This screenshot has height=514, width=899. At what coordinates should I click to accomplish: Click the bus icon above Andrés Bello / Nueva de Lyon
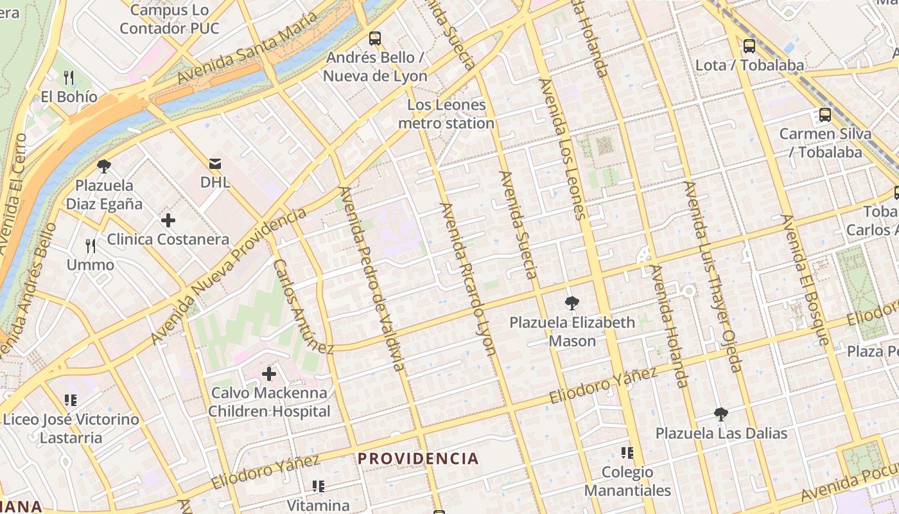click(375, 39)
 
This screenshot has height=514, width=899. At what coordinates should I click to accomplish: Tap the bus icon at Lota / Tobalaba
click(749, 46)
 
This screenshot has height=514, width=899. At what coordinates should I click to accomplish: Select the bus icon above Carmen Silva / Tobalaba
click(825, 116)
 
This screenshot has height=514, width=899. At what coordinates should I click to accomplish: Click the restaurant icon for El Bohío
click(69, 78)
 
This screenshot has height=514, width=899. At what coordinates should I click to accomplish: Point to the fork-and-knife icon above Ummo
click(91, 245)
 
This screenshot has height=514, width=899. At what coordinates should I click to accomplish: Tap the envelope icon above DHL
click(215, 164)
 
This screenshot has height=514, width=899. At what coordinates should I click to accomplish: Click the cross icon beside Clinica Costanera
click(168, 221)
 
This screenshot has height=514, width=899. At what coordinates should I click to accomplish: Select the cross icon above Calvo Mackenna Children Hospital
click(269, 374)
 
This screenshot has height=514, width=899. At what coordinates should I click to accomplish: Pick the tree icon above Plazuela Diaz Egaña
click(104, 167)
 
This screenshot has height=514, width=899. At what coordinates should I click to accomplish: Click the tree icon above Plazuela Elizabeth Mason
click(572, 304)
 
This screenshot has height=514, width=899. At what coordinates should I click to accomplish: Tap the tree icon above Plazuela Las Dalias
click(721, 414)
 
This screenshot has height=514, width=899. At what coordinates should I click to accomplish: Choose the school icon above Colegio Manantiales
click(627, 453)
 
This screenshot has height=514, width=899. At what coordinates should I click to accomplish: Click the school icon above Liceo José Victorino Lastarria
click(71, 401)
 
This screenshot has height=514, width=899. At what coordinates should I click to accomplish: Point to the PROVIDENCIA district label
click(418, 459)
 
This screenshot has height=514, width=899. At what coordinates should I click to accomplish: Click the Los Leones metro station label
click(446, 114)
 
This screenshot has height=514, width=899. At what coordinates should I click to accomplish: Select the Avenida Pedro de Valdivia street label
click(372, 278)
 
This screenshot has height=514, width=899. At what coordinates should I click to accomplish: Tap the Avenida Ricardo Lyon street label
click(468, 278)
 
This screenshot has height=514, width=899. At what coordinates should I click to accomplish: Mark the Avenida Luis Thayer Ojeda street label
click(713, 276)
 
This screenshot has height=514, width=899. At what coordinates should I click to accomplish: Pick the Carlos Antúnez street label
click(303, 306)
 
